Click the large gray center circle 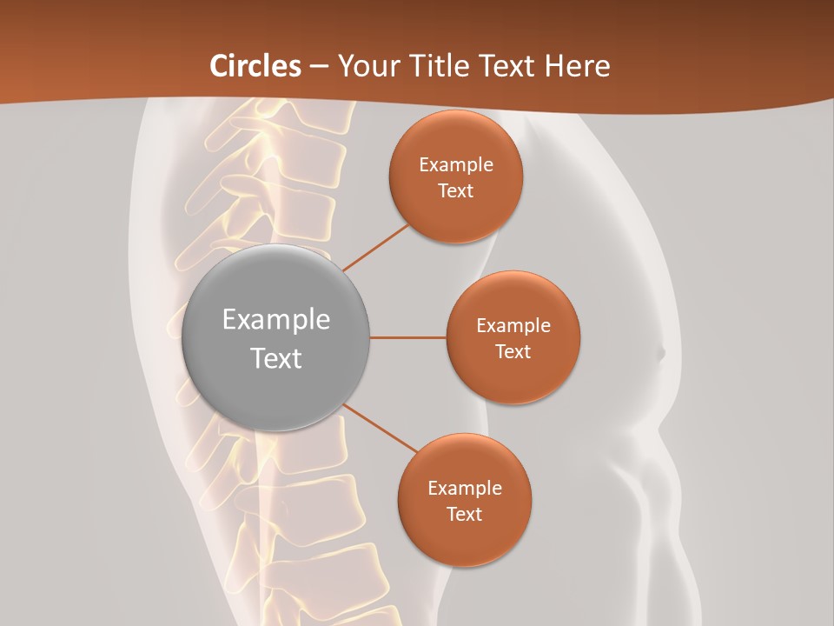pyautogui.click(x=276, y=337)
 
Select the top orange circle pyautogui.click(x=455, y=176)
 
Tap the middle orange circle pyautogui.click(x=513, y=337)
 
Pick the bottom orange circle pyautogui.click(x=464, y=500)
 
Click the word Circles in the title pyautogui.click(x=255, y=66)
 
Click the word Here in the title pyautogui.click(x=577, y=66)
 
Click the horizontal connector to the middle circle pyautogui.click(x=407, y=337)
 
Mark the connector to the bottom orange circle pyautogui.click(x=381, y=429)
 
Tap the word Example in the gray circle pyautogui.click(x=276, y=320)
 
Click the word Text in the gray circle pyautogui.click(x=276, y=358)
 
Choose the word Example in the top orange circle pyautogui.click(x=456, y=164)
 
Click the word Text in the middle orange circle pyautogui.click(x=513, y=351)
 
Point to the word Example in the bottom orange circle pyautogui.click(x=465, y=488)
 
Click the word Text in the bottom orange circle pyautogui.click(x=464, y=514)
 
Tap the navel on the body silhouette pyautogui.click(x=659, y=353)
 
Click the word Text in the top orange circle pyautogui.click(x=455, y=190)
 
